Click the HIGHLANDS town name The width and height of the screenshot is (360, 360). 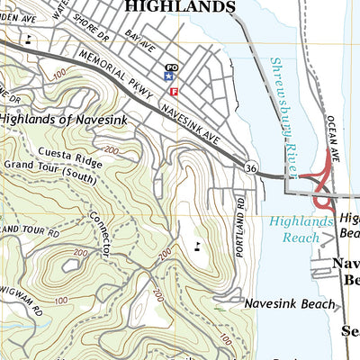tap(179, 7)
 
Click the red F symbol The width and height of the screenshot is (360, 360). tap(174, 91)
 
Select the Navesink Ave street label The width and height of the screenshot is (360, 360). tap(192, 123)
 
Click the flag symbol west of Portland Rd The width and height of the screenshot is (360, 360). tap(196, 245)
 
